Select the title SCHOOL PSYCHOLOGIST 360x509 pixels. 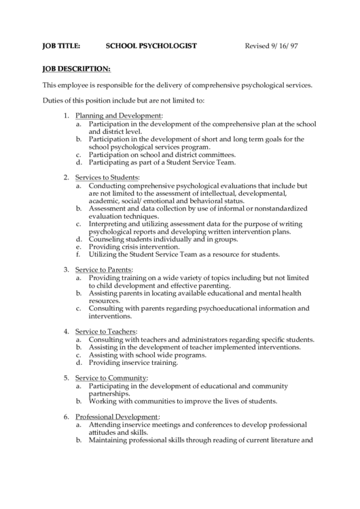(151, 46)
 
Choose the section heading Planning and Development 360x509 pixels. (118, 116)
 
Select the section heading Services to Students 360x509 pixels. (107, 177)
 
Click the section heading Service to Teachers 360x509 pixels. (107, 331)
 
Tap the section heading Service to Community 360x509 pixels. (111, 377)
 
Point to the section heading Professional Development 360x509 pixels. (117, 416)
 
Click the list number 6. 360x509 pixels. (67, 416)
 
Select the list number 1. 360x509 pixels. (67, 116)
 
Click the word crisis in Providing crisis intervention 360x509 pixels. (127, 246)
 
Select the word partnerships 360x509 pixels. (109, 393)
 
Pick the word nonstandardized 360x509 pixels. (278, 208)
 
